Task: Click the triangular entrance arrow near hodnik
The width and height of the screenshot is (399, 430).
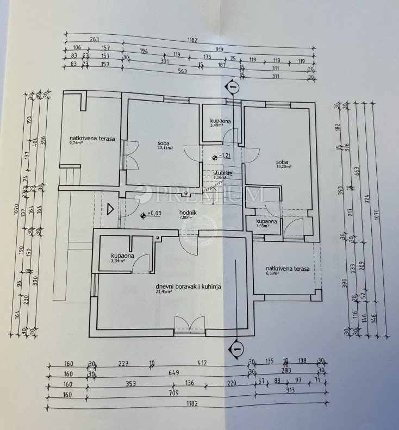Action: pyautogui.click(x=111, y=209)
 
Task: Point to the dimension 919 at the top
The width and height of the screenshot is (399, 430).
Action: pyautogui.click(x=219, y=49)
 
